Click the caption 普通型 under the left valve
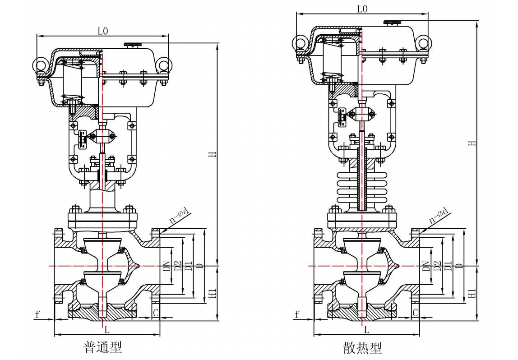tap(103, 347)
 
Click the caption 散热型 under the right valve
tap(362, 348)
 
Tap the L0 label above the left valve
tap(103, 31)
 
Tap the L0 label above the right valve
tap(362, 9)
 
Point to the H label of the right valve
tap(472, 143)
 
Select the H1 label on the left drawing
tap(213, 293)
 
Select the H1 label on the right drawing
tap(472, 293)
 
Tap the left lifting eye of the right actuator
tap(300, 42)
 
